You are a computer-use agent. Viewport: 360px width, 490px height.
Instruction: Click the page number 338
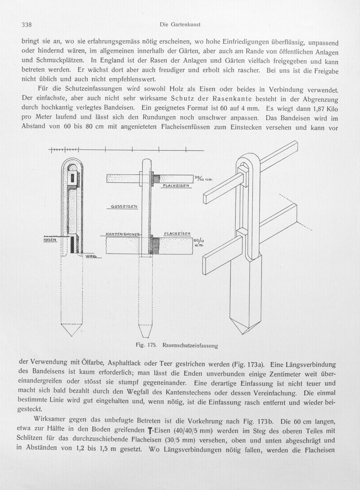27,24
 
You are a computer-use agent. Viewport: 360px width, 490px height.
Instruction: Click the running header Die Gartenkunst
180,25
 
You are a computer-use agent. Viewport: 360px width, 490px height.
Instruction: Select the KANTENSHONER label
122,234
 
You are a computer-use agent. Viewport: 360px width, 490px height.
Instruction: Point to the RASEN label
50,240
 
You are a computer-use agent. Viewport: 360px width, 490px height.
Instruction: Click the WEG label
90,256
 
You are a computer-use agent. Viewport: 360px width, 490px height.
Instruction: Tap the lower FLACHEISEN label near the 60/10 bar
177,234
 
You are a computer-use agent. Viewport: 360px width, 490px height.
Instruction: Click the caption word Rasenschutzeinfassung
190,346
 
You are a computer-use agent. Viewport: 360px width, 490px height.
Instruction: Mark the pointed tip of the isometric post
243,334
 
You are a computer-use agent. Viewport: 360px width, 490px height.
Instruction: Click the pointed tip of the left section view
72,336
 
